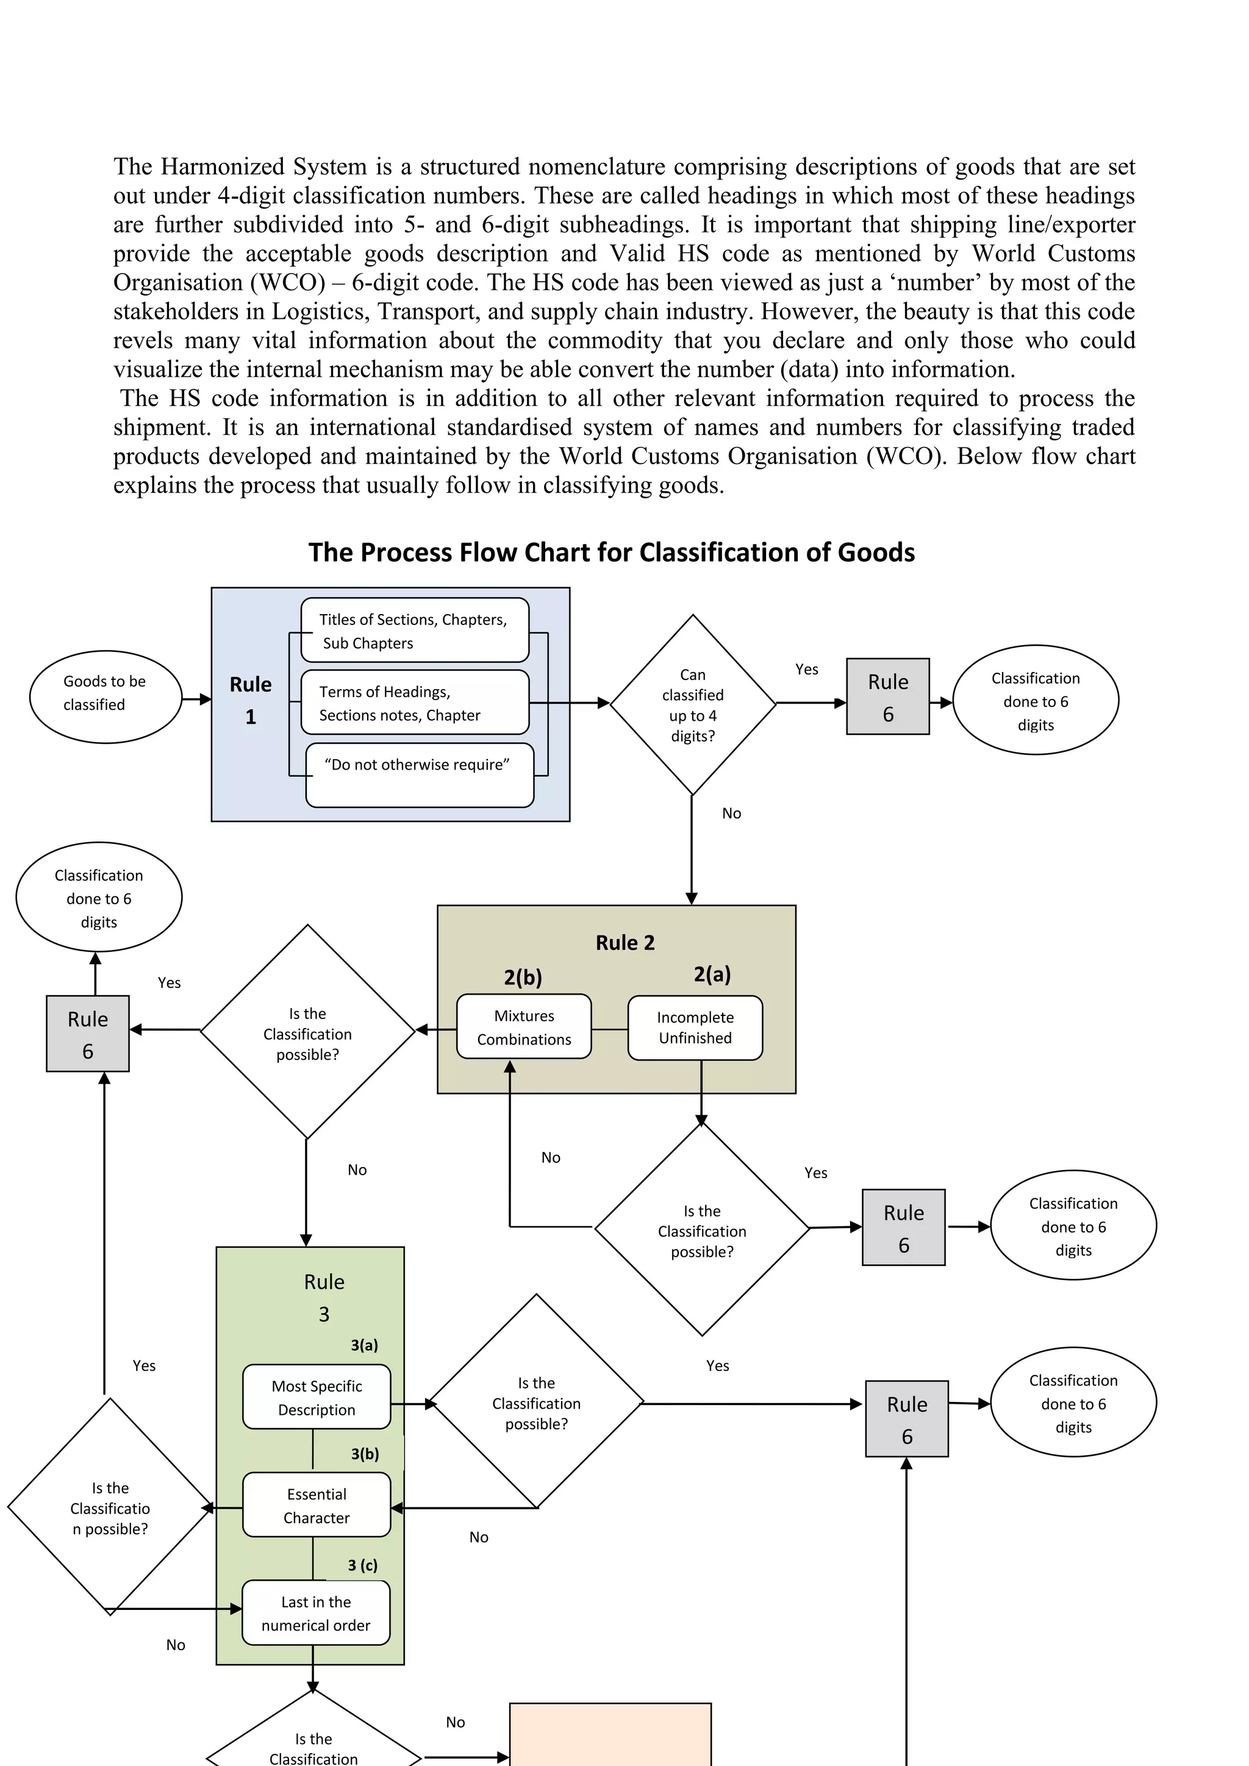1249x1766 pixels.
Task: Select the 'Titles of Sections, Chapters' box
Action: point(415,630)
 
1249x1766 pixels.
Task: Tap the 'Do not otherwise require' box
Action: point(419,774)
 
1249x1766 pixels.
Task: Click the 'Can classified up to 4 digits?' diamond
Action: point(692,704)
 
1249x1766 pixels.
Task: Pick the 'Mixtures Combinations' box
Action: point(524,1027)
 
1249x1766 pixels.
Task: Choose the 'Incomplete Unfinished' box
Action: point(695,1028)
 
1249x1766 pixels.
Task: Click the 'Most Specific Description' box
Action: point(316,1397)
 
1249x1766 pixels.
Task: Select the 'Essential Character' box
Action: point(316,1505)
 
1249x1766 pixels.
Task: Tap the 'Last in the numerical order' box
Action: point(315,1613)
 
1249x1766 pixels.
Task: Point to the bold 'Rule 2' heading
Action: point(624,943)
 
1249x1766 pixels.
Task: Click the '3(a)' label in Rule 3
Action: point(365,1345)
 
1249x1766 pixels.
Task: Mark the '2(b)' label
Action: point(523,977)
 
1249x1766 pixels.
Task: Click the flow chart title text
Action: point(612,552)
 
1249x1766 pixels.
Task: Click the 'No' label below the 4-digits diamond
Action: point(731,813)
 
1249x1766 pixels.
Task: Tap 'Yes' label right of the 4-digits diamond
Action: point(806,669)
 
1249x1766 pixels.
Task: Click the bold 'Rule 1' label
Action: point(251,700)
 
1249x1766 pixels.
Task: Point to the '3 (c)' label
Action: point(362,1565)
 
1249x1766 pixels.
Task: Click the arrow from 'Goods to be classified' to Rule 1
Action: point(197,699)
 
